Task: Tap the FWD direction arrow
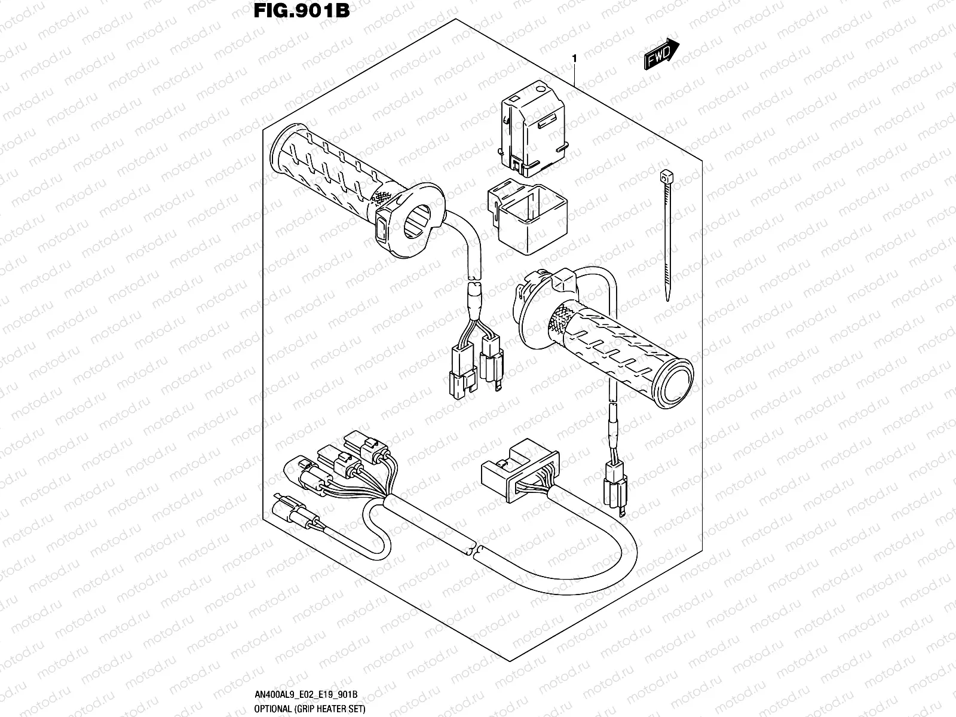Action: tap(661, 56)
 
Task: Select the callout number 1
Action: tap(574, 59)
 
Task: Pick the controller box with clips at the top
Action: tap(532, 131)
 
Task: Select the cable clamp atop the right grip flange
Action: tap(563, 280)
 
